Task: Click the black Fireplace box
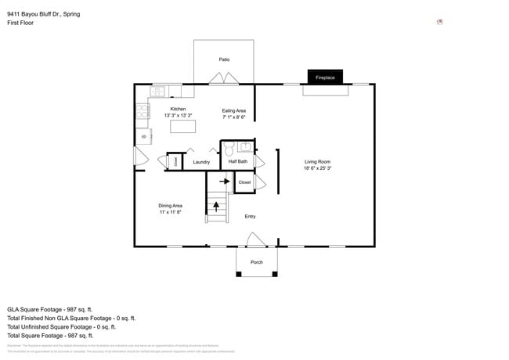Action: tap(324, 77)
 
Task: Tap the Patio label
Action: tap(224, 59)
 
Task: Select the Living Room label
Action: tap(317, 162)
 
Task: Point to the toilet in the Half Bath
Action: tap(229, 149)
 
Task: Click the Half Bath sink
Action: tap(244, 146)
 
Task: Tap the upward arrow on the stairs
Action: tap(217, 207)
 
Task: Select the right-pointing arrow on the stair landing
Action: tap(224, 182)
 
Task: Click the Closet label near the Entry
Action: tap(244, 182)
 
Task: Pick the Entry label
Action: tap(250, 217)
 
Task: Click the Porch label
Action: tap(256, 262)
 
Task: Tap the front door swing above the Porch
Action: tap(255, 239)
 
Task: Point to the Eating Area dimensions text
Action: tap(233, 117)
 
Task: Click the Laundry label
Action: tap(201, 162)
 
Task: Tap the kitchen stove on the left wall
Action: tap(143, 113)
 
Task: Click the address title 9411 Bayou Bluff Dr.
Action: tap(43, 14)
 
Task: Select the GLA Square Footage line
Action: tap(50, 309)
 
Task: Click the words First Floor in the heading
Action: tap(20, 23)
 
